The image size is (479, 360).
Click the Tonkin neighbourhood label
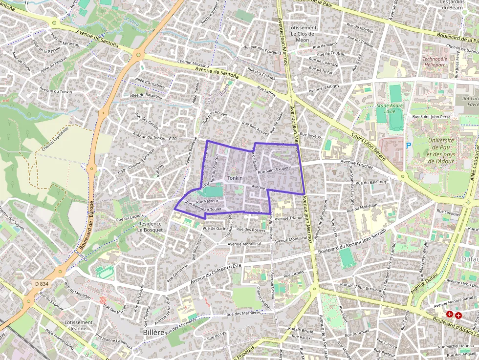coord(235,178)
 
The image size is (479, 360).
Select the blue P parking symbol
coord(409,145)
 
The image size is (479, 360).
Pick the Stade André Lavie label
coord(390,108)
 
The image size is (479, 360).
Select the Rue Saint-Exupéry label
coord(274,169)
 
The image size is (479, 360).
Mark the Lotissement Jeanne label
coord(78,325)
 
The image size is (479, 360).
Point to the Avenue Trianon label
coord(289,218)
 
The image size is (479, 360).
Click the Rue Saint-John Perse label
coord(432,117)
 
